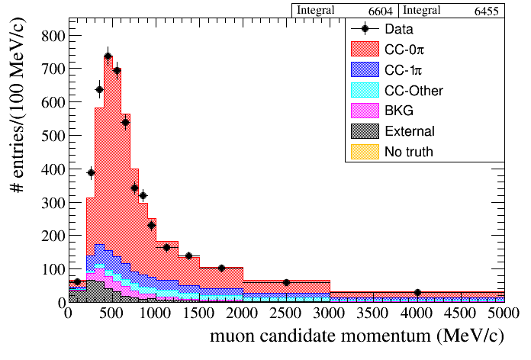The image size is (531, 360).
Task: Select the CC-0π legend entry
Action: tap(404, 50)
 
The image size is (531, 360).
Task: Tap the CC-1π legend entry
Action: tap(404, 70)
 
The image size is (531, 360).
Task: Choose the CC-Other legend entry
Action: tap(414, 91)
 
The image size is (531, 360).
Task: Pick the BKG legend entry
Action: tap(399, 111)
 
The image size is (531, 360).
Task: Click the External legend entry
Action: tap(410, 131)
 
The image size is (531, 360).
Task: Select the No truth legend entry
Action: tap(409, 152)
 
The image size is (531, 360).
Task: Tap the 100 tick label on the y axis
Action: tap(50, 268)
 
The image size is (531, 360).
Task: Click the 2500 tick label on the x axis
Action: tap(286, 312)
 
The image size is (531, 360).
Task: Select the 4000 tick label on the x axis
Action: tap(417, 312)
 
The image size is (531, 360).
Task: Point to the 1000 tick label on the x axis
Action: tap(156, 312)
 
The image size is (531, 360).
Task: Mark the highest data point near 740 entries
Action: tap(108, 56)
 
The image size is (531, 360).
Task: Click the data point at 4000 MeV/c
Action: tap(417, 293)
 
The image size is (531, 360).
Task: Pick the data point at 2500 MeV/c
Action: tap(286, 282)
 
